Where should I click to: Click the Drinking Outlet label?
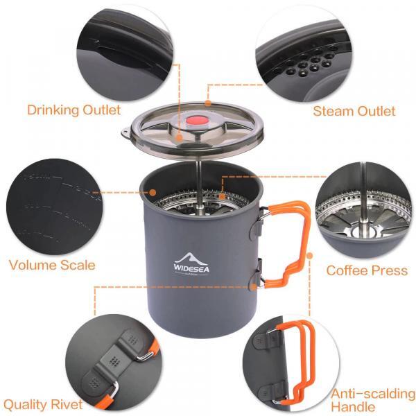click(x=73, y=110)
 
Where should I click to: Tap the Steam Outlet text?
click(x=354, y=111)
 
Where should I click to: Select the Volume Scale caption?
click(x=52, y=265)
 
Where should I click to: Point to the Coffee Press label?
click(x=367, y=270)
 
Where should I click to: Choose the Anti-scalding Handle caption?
click(x=372, y=400)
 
